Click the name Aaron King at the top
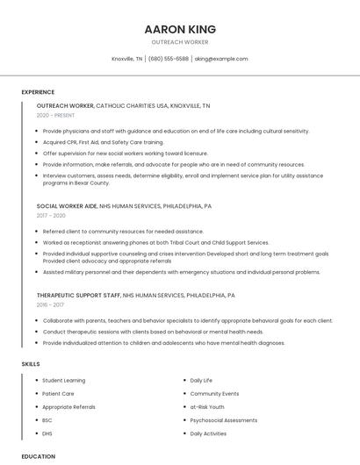(180, 29)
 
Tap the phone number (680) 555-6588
(169, 59)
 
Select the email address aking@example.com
(221, 59)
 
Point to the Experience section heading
(38, 92)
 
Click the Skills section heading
(31, 363)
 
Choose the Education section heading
(39, 456)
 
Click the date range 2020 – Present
(55, 116)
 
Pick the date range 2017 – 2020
(51, 215)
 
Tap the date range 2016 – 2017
(50, 305)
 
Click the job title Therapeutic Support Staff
(78, 296)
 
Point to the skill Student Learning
(63, 381)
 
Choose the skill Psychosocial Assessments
(223, 420)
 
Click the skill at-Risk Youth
(207, 407)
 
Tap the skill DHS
(47, 433)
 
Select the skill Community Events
(214, 394)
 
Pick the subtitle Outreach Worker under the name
(180, 42)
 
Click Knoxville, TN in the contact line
(127, 59)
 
